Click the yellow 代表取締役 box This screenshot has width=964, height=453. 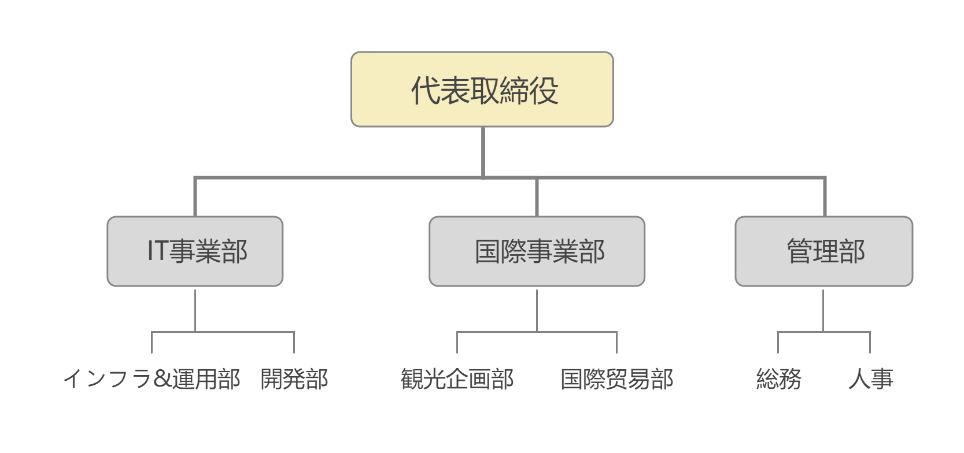click(x=482, y=90)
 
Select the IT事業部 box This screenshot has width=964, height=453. click(x=195, y=251)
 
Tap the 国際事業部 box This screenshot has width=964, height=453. click(x=537, y=251)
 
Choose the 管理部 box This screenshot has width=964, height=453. click(x=823, y=251)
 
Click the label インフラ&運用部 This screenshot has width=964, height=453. click(x=152, y=379)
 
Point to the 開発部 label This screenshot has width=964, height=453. click(x=294, y=379)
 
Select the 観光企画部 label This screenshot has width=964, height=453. click(x=457, y=379)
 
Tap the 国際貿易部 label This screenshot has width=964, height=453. click(x=616, y=379)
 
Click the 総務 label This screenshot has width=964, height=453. click(x=778, y=379)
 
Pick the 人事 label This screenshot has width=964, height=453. click(x=871, y=379)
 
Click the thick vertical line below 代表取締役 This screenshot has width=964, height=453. click(x=483, y=152)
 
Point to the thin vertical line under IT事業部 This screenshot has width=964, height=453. click(x=195, y=311)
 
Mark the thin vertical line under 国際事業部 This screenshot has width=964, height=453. click(x=537, y=311)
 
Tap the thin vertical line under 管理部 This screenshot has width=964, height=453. click(x=823, y=311)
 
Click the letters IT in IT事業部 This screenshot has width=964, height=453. click(x=157, y=250)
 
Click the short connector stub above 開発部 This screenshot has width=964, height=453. click(x=294, y=343)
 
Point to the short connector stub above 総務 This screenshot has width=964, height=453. click(x=778, y=343)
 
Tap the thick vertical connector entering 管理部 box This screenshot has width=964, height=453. click(x=825, y=196)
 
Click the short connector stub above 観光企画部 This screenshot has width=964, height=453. click(x=457, y=343)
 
